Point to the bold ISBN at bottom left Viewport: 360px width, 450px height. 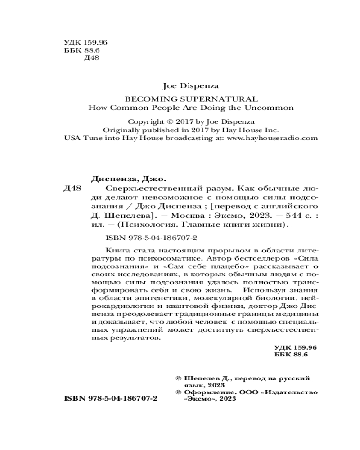74,399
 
